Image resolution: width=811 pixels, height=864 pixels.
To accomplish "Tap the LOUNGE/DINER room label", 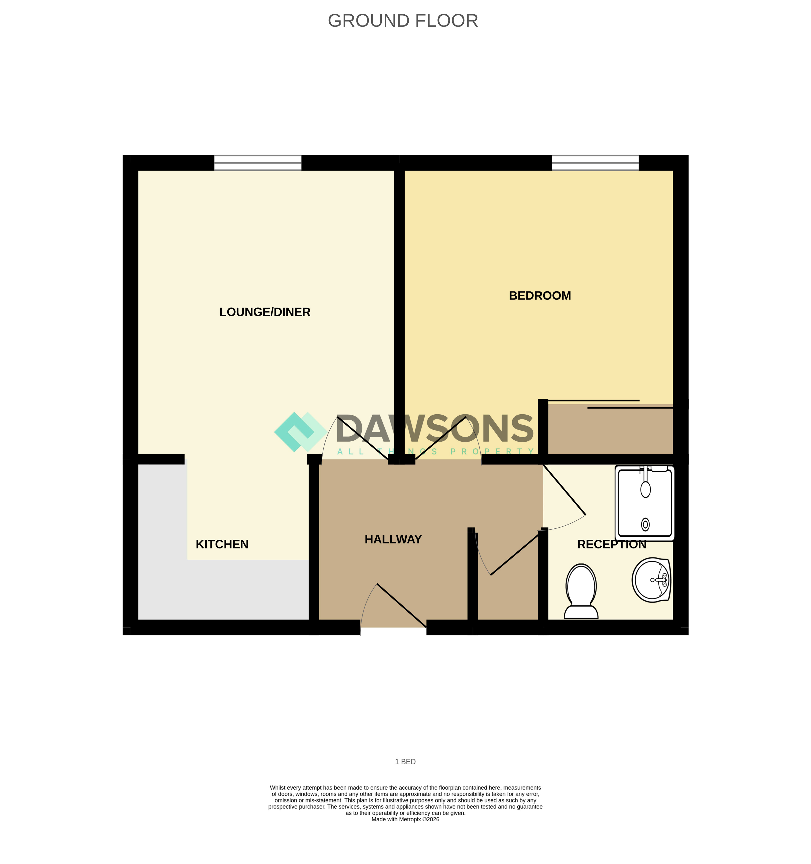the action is (265, 312).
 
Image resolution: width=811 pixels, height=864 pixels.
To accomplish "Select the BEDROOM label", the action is (540, 295).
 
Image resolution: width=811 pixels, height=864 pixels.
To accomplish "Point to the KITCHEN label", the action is (222, 544).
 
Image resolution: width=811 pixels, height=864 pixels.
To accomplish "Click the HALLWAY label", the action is (393, 539).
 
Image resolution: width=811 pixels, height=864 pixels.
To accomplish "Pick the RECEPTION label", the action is (612, 544).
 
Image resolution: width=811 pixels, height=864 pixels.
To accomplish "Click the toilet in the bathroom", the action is (581, 591).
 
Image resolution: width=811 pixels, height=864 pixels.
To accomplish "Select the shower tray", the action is (645, 503).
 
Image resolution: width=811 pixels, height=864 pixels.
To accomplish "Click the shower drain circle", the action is (646, 525).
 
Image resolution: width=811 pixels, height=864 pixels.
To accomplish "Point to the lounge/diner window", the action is (258, 163).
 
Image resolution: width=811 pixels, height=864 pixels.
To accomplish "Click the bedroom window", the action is (595, 163).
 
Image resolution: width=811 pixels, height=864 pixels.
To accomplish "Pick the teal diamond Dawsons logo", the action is (301, 431).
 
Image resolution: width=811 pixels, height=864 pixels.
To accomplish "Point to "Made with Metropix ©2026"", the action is (405, 819).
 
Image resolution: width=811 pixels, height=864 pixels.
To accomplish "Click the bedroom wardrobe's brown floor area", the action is (610, 429).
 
